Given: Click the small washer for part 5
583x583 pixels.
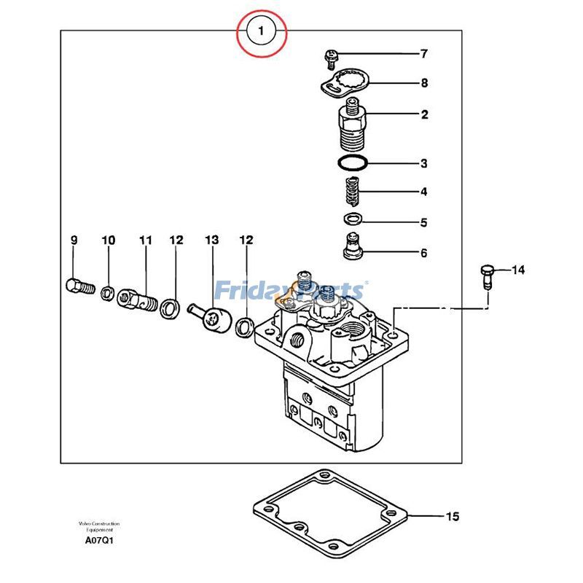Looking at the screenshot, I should pos(353,219).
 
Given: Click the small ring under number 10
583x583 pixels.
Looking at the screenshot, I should pos(108,293).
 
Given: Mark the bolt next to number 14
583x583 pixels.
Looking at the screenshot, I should pos(488,277).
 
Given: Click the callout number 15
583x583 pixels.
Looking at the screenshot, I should pos(453,517).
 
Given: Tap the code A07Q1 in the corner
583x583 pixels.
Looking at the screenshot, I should pos(99,541).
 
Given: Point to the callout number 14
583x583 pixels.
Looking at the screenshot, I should pos(517,270).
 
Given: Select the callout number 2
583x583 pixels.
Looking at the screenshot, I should pos(424,114).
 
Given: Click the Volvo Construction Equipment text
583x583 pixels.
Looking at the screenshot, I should pos(99,527).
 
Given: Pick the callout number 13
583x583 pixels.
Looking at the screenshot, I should pos(211,240).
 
